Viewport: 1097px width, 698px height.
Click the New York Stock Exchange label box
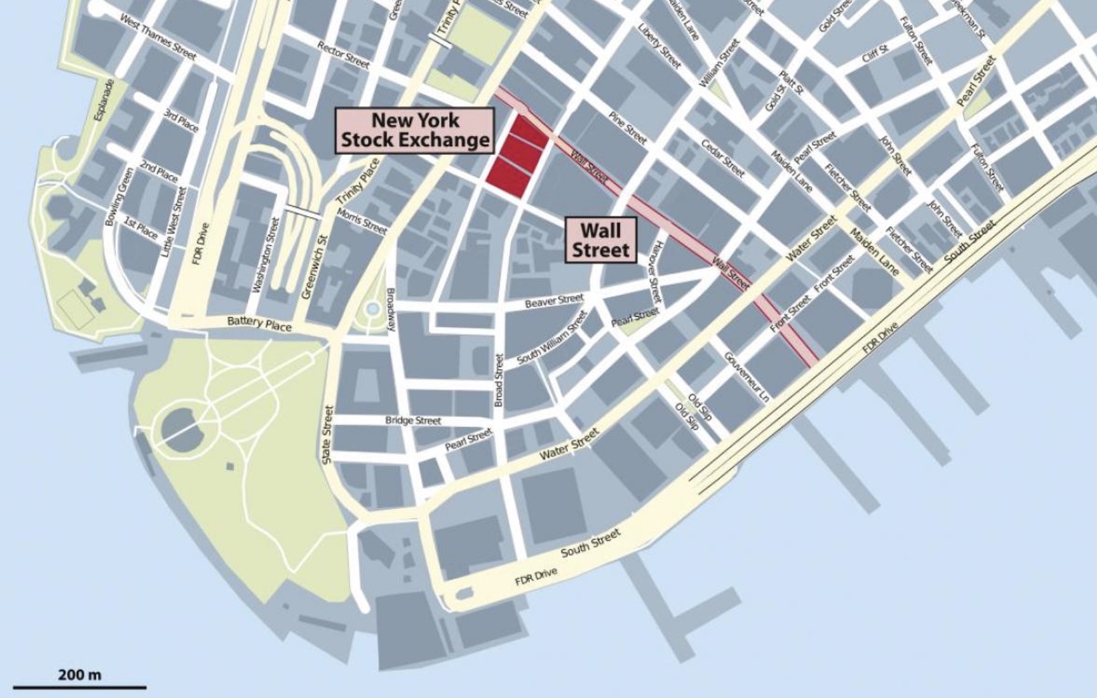(414, 131)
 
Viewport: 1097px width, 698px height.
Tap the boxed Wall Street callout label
(601, 240)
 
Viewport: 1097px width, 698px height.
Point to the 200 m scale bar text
(80, 675)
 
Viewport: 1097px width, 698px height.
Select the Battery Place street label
(259, 324)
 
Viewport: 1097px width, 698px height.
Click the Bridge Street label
(413, 420)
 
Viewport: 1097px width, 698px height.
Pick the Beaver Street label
(554, 301)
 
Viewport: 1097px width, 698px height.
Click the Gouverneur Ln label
(747, 377)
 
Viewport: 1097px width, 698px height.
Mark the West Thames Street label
(158, 37)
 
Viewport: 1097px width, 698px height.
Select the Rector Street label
(343, 55)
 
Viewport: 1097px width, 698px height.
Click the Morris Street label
(362, 221)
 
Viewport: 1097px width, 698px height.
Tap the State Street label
(327, 434)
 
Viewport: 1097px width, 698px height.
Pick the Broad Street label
(498, 380)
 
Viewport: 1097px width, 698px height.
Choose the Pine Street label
(628, 128)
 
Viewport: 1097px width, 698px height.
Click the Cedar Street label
(722, 158)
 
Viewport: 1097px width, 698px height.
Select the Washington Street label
(266, 254)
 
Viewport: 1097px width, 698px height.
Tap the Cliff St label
(875, 53)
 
